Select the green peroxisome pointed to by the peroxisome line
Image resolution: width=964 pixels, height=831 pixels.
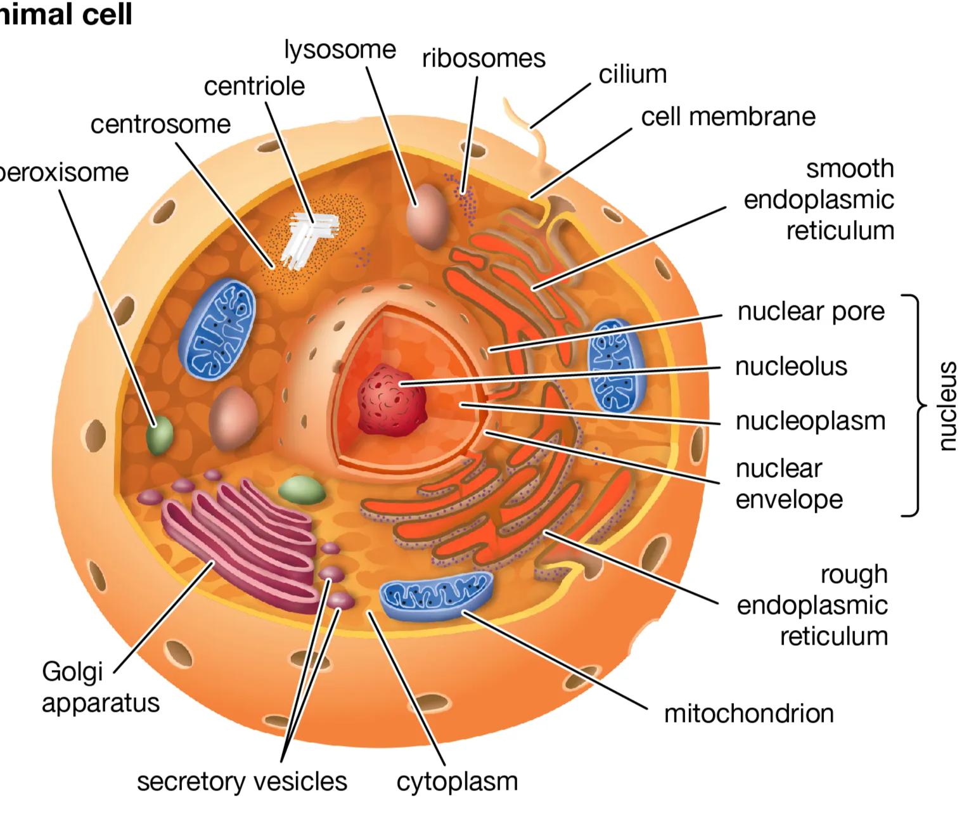click(160, 435)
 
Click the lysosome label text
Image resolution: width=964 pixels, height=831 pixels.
click(340, 49)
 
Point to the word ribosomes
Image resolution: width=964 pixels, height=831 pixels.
click(483, 59)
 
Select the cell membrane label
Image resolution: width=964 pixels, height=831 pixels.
click(728, 117)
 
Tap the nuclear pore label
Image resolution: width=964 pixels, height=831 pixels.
click(811, 312)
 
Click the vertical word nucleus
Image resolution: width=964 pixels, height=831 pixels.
click(946, 406)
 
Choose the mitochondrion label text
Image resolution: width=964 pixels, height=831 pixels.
click(749, 714)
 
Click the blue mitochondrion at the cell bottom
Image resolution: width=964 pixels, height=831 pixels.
click(436, 596)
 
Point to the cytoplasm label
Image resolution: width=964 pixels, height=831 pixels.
click(457, 781)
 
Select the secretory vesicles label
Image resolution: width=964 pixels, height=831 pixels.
click(242, 781)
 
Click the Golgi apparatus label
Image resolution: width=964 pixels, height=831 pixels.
click(100, 687)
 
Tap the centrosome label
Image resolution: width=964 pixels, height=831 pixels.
click(160, 124)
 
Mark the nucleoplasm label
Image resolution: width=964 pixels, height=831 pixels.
click(810, 422)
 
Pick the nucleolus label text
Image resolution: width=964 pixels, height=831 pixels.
click(791, 366)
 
